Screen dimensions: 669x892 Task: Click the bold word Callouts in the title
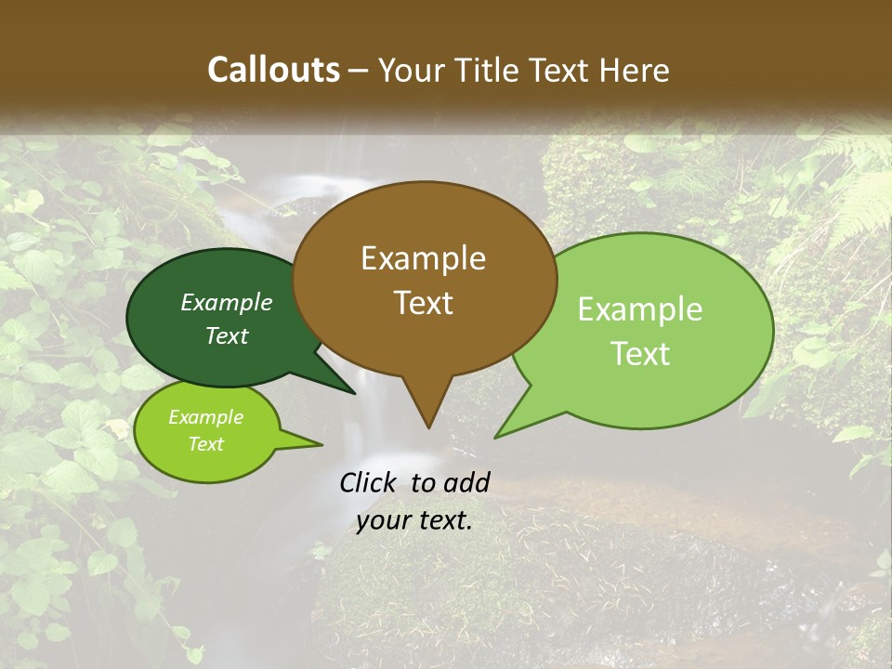coord(273,70)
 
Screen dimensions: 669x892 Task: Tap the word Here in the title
coord(636,70)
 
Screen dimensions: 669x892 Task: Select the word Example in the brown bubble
coord(423,258)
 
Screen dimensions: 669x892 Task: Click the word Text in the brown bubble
coord(423,303)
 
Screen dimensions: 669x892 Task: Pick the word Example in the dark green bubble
coord(226,303)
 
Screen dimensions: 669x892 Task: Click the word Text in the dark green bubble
coord(226,335)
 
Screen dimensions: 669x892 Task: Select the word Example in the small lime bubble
coord(205,417)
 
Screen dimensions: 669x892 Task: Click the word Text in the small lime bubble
coord(205,444)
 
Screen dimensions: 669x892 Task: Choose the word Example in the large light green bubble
coord(640,309)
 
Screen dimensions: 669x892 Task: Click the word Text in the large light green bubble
coord(640,354)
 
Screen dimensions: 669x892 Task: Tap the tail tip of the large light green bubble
coord(496,436)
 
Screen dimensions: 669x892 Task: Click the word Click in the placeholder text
coord(369,482)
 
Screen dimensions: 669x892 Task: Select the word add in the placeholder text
coord(466,482)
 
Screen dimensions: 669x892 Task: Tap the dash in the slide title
coord(359,71)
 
